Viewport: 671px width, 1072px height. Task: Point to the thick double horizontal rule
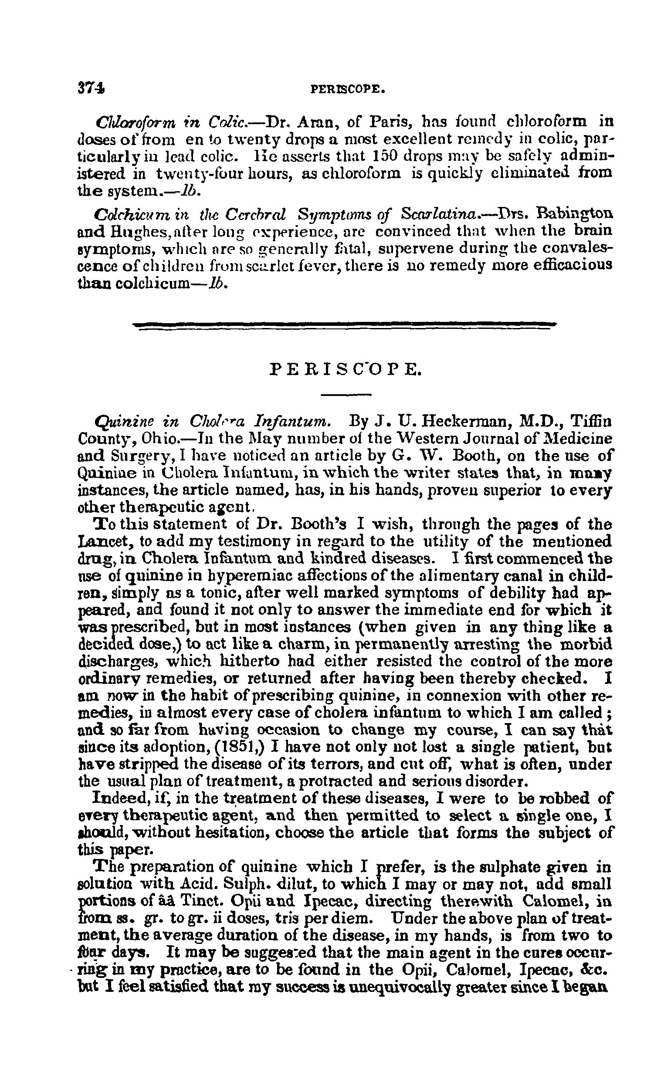click(x=346, y=325)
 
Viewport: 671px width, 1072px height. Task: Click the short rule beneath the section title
click(x=346, y=394)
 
